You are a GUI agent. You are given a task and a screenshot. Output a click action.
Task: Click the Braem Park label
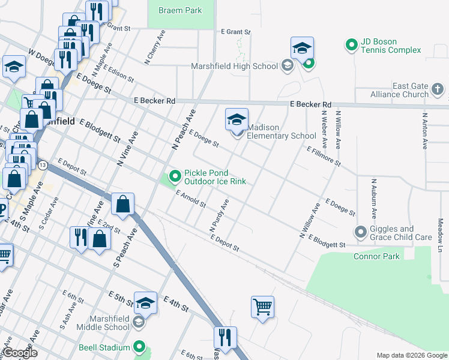[x=180, y=10]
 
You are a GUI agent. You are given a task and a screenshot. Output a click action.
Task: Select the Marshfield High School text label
[x=234, y=66]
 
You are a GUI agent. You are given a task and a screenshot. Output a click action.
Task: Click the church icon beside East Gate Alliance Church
[x=438, y=90]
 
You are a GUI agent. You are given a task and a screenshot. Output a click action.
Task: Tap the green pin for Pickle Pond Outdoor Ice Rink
[x=175, y=176]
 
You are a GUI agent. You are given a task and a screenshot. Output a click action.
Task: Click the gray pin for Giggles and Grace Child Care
[x=361, y=231]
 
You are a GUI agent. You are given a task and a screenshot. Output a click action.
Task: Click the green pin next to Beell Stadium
[x=139, y=346]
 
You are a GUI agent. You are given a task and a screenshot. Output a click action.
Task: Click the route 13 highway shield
[x=42, y=164]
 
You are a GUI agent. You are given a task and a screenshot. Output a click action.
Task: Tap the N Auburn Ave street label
[x=373, y=198]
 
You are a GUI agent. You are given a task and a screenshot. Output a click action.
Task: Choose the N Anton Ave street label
[x=424, y=131]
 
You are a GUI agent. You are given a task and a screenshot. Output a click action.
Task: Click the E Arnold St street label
[x=191, y=199]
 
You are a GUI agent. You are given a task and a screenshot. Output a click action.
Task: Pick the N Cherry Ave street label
[x=154, y=47]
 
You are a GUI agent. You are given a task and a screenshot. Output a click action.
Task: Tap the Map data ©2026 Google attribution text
[x=412, y=355]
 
